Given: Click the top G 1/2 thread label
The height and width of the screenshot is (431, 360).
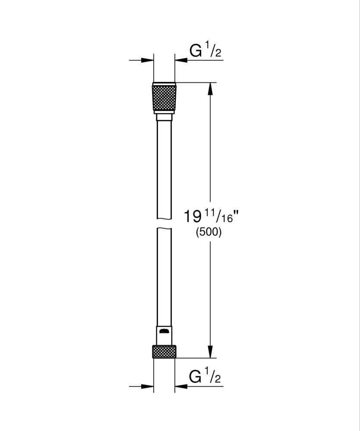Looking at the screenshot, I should click(x=205, y=51).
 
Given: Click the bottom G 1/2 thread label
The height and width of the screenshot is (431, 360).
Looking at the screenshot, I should click(x=205, y=377).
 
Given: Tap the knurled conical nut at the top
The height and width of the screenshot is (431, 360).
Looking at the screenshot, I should click(x=164, y=97).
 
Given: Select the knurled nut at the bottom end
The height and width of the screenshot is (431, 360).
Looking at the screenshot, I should click(x=164, y=352).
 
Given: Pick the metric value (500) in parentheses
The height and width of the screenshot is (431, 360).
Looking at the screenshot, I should click(x=209, y=233).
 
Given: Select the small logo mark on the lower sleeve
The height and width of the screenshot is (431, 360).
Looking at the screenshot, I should click(x=164, y=332).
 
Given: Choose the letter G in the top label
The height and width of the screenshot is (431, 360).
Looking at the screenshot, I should click(x=196, y=51).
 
